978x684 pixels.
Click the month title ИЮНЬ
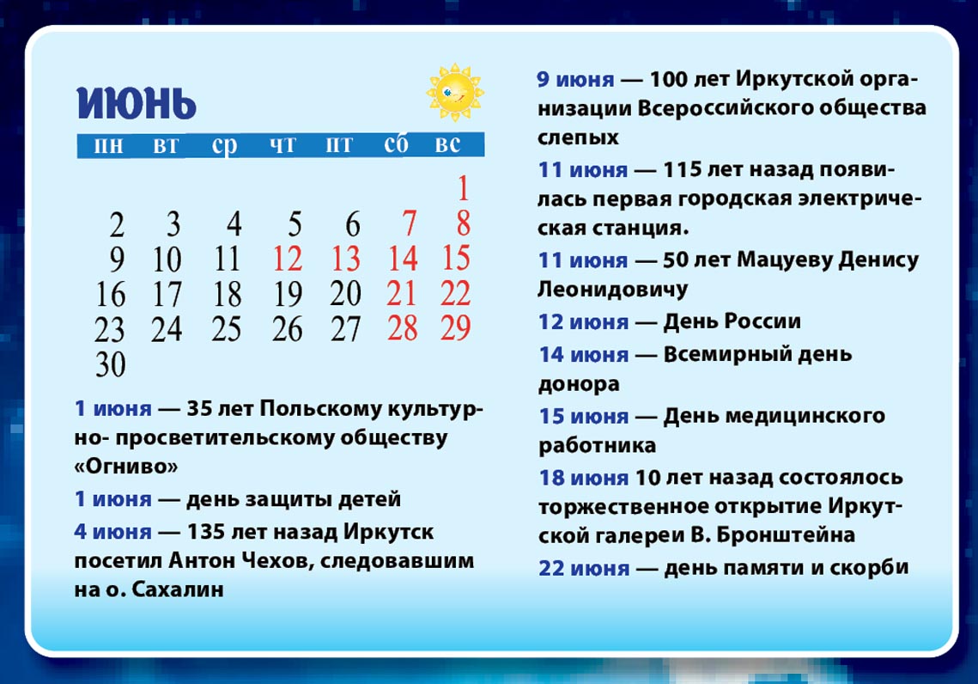click(137, 103)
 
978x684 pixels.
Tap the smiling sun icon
click(455, 92)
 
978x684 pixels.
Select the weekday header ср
click(225, 144)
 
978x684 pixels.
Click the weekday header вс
click(448, 144)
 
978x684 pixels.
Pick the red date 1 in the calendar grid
click(463, 188)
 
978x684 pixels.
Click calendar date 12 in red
click(288, 259)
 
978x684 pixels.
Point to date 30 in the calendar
click(111, 364)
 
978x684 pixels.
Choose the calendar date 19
click(288, 294)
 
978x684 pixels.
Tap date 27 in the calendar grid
click(345, 329)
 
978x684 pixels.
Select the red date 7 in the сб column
click(410, 223)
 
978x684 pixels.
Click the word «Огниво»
click(126, 467)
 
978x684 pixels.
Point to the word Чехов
click(280, 560)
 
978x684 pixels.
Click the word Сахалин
click(178, 589)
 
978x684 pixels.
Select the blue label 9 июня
click(575, 79)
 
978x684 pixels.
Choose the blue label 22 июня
click(584, 569)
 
